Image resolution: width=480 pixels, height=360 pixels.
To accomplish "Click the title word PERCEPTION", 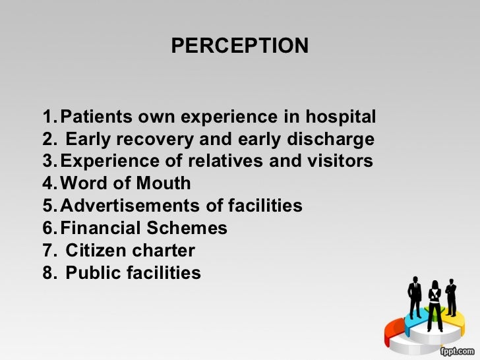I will (x=239, y=45).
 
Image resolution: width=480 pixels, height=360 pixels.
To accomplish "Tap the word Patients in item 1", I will (x=96, y=118).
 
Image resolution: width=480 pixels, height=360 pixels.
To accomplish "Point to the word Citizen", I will (x=93, y=251).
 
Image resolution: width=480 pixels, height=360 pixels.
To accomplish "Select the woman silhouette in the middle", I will (x=435, y=303).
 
